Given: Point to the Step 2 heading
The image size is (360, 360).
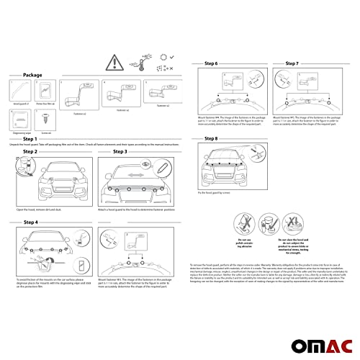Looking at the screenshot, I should pyautogui.click(x=30, y=153).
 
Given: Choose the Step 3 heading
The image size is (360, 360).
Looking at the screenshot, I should pyautogui.click(x=120, y=153).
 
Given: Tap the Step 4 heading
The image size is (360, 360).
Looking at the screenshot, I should pyautogui.click(x=30, y=222).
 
